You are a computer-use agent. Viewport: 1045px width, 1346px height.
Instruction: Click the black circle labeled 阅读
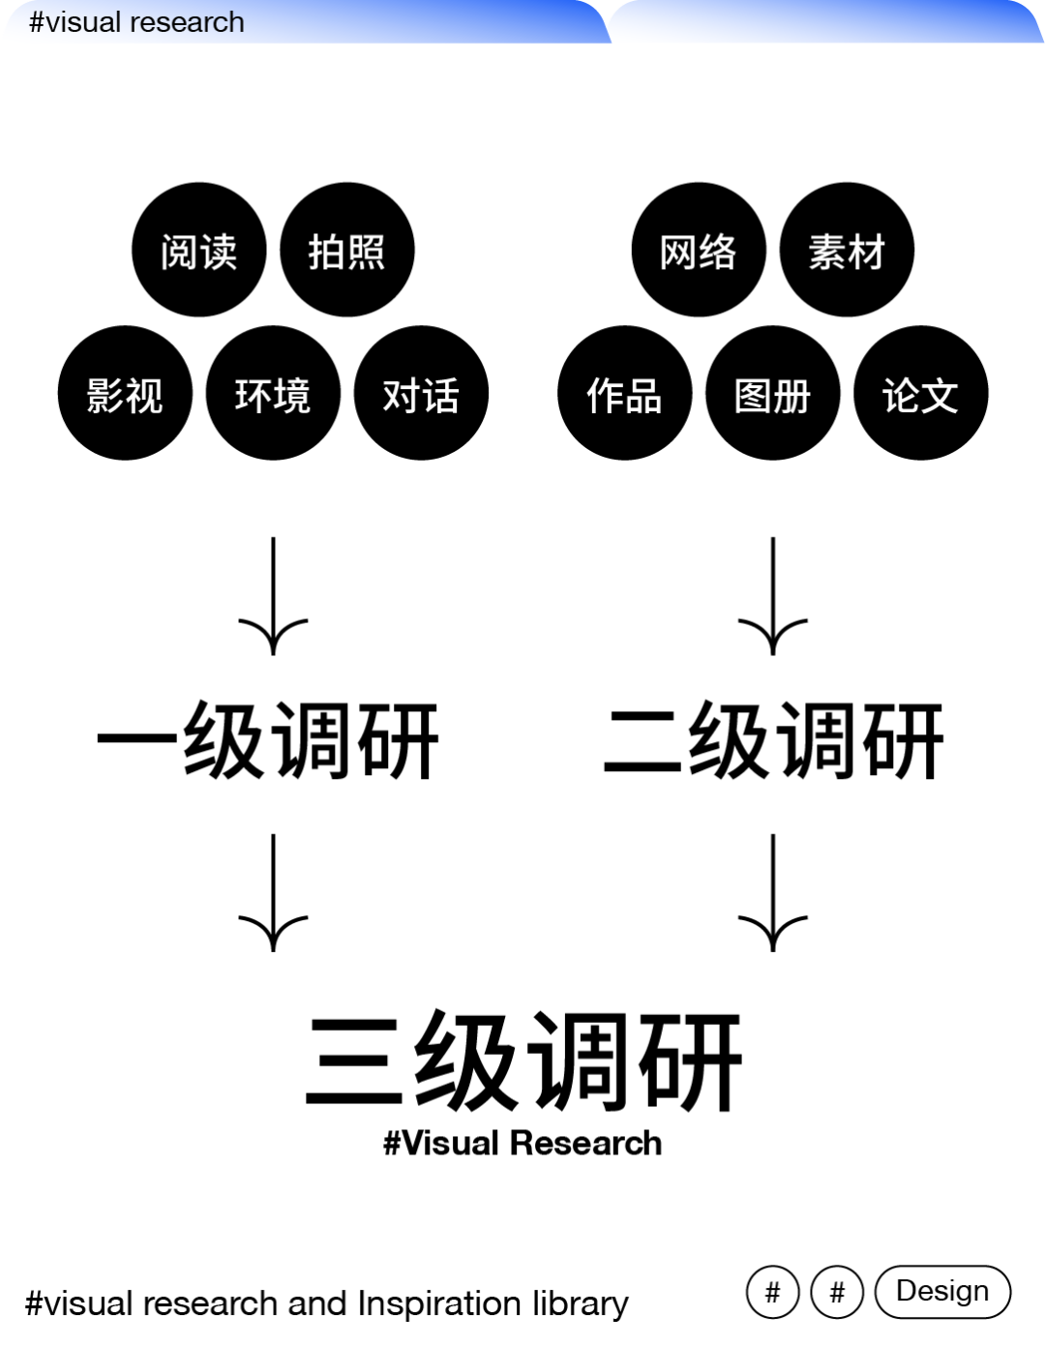point(198,250)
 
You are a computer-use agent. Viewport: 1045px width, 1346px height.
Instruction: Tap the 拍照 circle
point(346,250)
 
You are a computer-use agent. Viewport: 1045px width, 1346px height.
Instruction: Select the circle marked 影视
point(125,393)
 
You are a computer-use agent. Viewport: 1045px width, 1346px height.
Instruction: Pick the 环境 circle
point(273,393)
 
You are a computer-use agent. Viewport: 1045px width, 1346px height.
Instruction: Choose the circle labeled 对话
point(421,393)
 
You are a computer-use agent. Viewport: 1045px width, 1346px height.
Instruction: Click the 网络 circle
point(698,250)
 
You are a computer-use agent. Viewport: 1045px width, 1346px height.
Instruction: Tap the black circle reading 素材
point(847,250)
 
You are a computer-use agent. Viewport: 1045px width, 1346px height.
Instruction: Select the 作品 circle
point(624,393)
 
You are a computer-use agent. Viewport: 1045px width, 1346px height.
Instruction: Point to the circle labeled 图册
point(772,393)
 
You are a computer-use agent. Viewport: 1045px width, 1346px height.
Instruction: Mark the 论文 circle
point(920,393)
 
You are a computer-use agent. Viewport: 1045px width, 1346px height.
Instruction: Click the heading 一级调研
point(269,741)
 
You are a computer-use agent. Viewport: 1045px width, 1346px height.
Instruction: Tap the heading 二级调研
point(773,741)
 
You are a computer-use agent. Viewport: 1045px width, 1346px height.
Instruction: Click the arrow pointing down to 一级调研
point(273,596)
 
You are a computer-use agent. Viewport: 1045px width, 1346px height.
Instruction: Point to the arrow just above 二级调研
point(772,596)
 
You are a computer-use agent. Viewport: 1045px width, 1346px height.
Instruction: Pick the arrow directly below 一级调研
point(273,892)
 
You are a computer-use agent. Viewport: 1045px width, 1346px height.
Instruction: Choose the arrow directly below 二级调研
point(772,892)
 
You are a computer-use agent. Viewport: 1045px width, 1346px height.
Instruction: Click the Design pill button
point(942,1292)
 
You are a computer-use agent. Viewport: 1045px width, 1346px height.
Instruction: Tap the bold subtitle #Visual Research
point(522,1143)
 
